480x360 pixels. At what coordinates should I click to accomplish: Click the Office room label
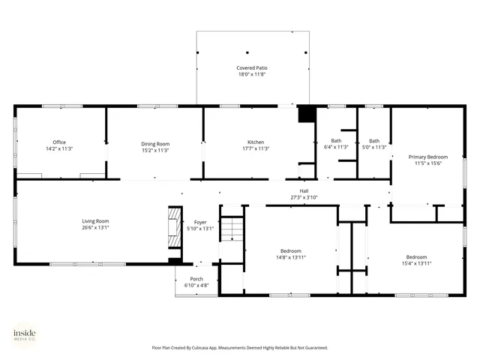click(x=59, y=142)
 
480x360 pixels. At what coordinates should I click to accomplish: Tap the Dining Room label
click(x=155, y=143)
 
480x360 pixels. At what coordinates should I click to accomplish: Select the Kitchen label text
click(x=256, y=142)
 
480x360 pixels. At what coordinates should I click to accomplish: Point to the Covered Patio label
click(x=251, y=68)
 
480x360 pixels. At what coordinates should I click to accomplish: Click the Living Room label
click(x=96, y=221)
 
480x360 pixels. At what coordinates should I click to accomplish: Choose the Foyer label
click(x=200, y=223)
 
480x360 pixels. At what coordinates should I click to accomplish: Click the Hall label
click(x=304, y=190)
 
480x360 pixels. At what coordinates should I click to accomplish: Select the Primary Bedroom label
click(x=427, y=157)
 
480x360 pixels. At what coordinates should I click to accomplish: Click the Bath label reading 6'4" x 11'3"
click(x=336, y=141)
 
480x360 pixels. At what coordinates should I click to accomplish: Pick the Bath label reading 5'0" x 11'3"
click(x=373, y=141)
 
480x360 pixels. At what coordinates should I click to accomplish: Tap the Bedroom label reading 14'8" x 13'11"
click(x=291, y=250)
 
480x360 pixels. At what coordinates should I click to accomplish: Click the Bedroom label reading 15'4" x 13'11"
click(x=416, y=256)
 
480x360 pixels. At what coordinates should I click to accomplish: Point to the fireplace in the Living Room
click(x=173, y=225)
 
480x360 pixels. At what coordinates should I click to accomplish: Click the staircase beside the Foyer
click(x=232, y=227)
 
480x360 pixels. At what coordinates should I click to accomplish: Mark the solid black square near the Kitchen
click(x=306, y=114)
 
